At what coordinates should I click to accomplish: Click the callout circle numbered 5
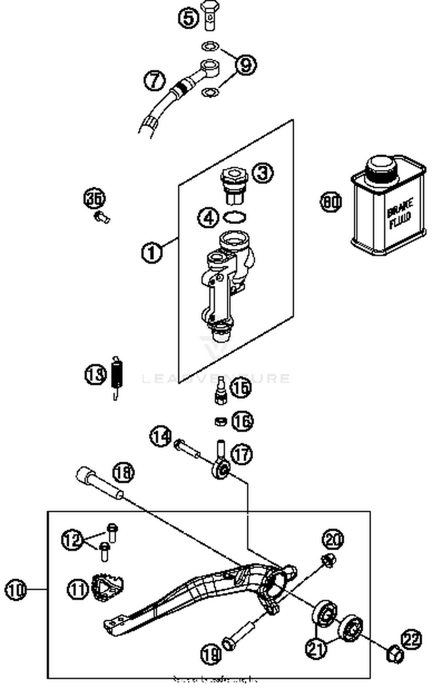(188, 18)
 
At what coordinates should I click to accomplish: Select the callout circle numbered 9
(246, 65)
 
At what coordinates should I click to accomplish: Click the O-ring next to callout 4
(234, 217)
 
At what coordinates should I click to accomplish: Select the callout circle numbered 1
(152, 253)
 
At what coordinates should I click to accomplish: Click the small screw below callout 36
(102, 217)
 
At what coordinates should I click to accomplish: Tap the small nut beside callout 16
(220, 422)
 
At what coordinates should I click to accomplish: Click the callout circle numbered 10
(16, 590)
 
